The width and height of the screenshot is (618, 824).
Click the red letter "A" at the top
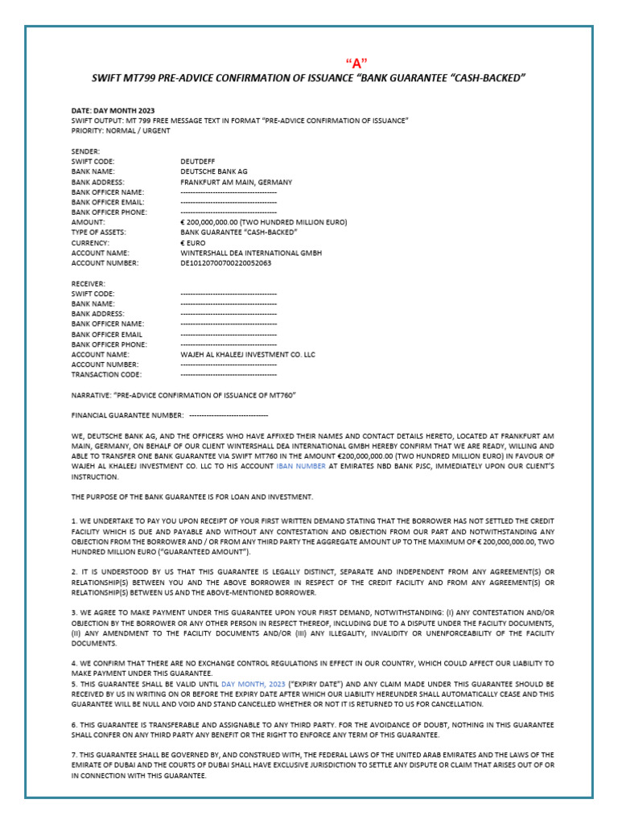(x=355, y=64)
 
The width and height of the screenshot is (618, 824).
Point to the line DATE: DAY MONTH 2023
(x=113, y=110)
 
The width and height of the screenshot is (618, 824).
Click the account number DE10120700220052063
(x=225, y=262)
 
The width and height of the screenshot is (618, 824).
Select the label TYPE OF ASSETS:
(x=98, y=232)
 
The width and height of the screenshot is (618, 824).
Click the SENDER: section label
(x=85, y=150)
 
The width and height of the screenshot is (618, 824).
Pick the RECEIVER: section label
(x=89, y=283)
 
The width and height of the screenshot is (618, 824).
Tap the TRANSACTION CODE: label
(x=106, y=374)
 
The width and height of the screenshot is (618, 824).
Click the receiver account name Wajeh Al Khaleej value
(x=248, y=354)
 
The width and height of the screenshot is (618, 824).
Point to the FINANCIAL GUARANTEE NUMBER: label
(x=128, y=415)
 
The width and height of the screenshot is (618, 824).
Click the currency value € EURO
(x=193, y=242)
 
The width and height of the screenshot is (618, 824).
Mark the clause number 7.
(x=73, y=756)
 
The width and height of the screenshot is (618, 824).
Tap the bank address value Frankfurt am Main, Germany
(x=236, y=182)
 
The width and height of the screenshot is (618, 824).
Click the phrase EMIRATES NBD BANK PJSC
(x=381, y=466)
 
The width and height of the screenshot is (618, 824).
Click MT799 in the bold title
(x=142, y=77)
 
